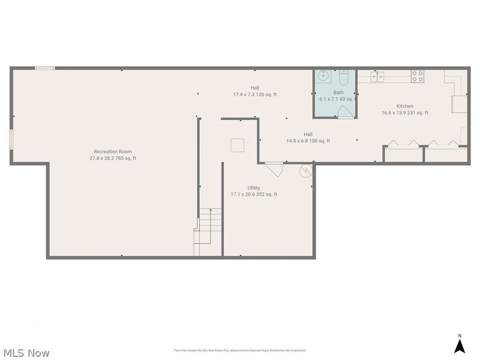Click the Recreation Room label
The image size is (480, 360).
click(x=113, y=151)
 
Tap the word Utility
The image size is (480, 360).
click(x=254, y=188)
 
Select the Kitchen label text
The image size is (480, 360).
click(x=405, y=106)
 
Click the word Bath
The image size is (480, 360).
click(x=324, y=92)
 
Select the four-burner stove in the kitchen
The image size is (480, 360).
click(x=417, y=76)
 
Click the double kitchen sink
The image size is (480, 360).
click(x=378, y=77)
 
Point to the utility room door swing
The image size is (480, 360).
click(x=275, y=169)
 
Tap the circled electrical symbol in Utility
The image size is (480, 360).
click(x=306, y=171)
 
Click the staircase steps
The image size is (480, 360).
click(x=208, y=227)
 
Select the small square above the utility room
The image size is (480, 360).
click(x=237, y=145)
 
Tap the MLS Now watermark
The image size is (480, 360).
click(x=27, y=353)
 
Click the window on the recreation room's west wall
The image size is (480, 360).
click(x=11, y=139)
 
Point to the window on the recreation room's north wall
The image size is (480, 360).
click(x=45, y=68)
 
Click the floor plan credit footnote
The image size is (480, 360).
click(x=240, y=350)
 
